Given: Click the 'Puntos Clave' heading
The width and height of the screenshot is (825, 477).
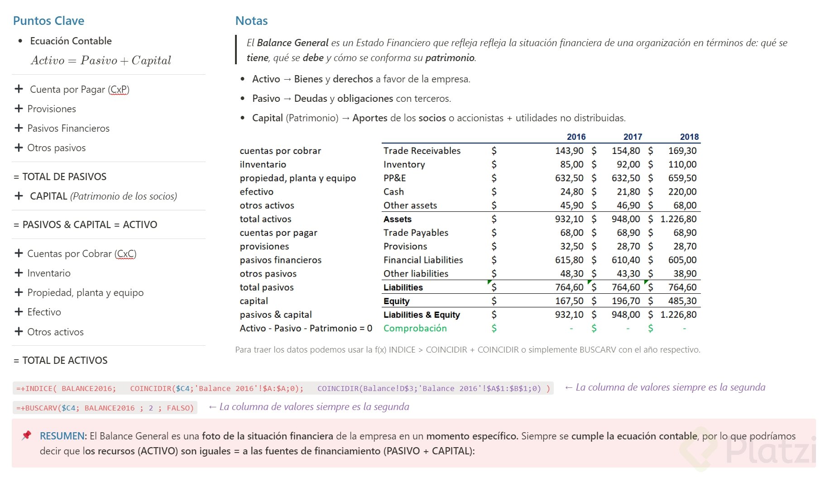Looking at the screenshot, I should [48, 21].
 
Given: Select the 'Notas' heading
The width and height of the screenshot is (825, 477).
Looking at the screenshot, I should [251, 21].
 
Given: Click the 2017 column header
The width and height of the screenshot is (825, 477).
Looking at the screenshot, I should [633, 137].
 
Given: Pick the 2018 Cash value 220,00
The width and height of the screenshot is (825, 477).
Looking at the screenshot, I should [682, 192].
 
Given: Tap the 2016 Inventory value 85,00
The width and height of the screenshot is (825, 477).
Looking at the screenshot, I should [571, 165].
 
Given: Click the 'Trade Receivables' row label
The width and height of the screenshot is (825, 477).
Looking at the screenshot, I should [422, 151].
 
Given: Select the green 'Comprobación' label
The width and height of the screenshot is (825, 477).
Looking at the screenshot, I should [415, 329].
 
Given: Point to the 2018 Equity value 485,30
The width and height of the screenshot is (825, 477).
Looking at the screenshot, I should [682, 301].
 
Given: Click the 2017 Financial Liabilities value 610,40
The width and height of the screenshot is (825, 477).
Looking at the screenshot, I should [626, 260].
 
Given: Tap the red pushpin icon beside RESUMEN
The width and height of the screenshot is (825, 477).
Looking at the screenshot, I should [27, 435].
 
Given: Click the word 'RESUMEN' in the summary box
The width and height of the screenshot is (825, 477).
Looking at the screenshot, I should [62, 436].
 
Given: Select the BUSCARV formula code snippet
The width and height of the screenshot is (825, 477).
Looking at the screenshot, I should [105, 408].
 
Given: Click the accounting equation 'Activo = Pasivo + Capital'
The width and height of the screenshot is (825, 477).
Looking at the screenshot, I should [101, 61].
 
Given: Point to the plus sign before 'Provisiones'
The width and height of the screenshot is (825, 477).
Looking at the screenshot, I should [19, 109].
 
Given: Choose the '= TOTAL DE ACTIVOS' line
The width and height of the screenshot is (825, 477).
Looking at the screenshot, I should [61, 361].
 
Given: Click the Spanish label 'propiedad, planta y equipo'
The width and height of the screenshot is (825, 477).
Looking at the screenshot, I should [297, 178].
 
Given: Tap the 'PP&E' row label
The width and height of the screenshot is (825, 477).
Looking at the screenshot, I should [394, 178].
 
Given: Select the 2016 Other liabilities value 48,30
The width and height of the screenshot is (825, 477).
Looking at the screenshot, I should [571, 274].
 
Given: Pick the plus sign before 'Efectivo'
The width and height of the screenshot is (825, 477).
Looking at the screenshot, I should [19, 312].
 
